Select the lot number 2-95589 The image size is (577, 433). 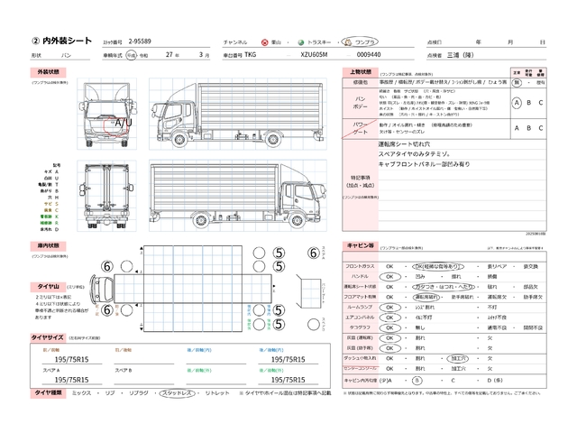(x=147, y=41)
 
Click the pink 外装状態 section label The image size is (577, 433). (x=48, y=70)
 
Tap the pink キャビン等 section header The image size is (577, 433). (x=360, y=245)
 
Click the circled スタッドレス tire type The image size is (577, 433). (x=173, y=394)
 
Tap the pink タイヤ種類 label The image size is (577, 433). (x=48, y=394)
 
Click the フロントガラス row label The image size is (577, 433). (x=361, y=267)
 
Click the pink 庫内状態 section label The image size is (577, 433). (x=48, y=244)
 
